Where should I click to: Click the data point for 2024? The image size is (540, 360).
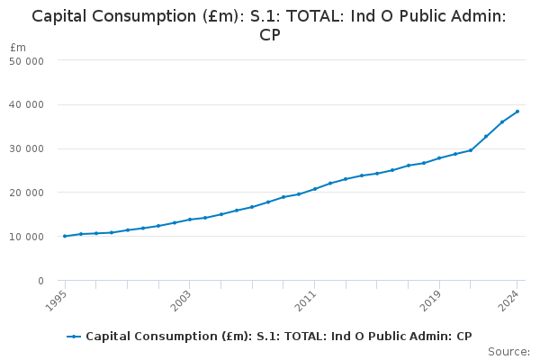coord(517,112)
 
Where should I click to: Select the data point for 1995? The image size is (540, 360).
coord(65,236)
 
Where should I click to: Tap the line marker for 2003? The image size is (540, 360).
coord(190,220)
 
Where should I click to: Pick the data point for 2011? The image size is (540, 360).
coord(315,189)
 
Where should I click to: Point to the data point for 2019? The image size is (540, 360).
coord(439,158)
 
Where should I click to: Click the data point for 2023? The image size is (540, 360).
coord(502,121)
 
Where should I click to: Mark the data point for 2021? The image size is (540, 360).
coord(471,150)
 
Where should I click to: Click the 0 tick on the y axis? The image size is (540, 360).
coord(40,281)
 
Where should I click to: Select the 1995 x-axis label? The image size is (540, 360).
coord(56,299)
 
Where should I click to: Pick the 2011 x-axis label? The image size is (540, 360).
coord(306,299)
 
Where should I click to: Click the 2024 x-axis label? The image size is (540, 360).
coord(508,299)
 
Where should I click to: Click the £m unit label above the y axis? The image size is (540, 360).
coord(18,47)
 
